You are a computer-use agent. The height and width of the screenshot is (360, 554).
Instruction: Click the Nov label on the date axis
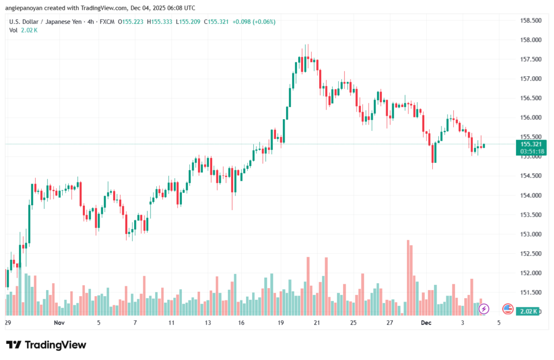[60, 323]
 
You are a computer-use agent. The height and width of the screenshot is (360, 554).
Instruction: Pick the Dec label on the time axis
[426, 323]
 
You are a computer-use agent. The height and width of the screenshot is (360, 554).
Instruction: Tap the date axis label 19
[281, 323]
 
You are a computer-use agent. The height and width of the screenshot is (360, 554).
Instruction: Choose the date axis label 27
[390, 323]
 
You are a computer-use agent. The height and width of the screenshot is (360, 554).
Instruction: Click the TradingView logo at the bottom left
[46, 345]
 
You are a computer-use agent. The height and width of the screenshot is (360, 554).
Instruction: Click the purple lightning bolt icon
[484, 309]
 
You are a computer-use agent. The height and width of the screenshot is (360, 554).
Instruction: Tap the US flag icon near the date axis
[507, 309]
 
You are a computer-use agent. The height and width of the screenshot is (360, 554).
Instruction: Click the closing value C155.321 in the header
[214, 22]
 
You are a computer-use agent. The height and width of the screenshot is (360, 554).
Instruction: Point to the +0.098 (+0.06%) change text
[254, 22]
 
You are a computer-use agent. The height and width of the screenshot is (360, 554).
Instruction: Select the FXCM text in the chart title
[107, 22]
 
